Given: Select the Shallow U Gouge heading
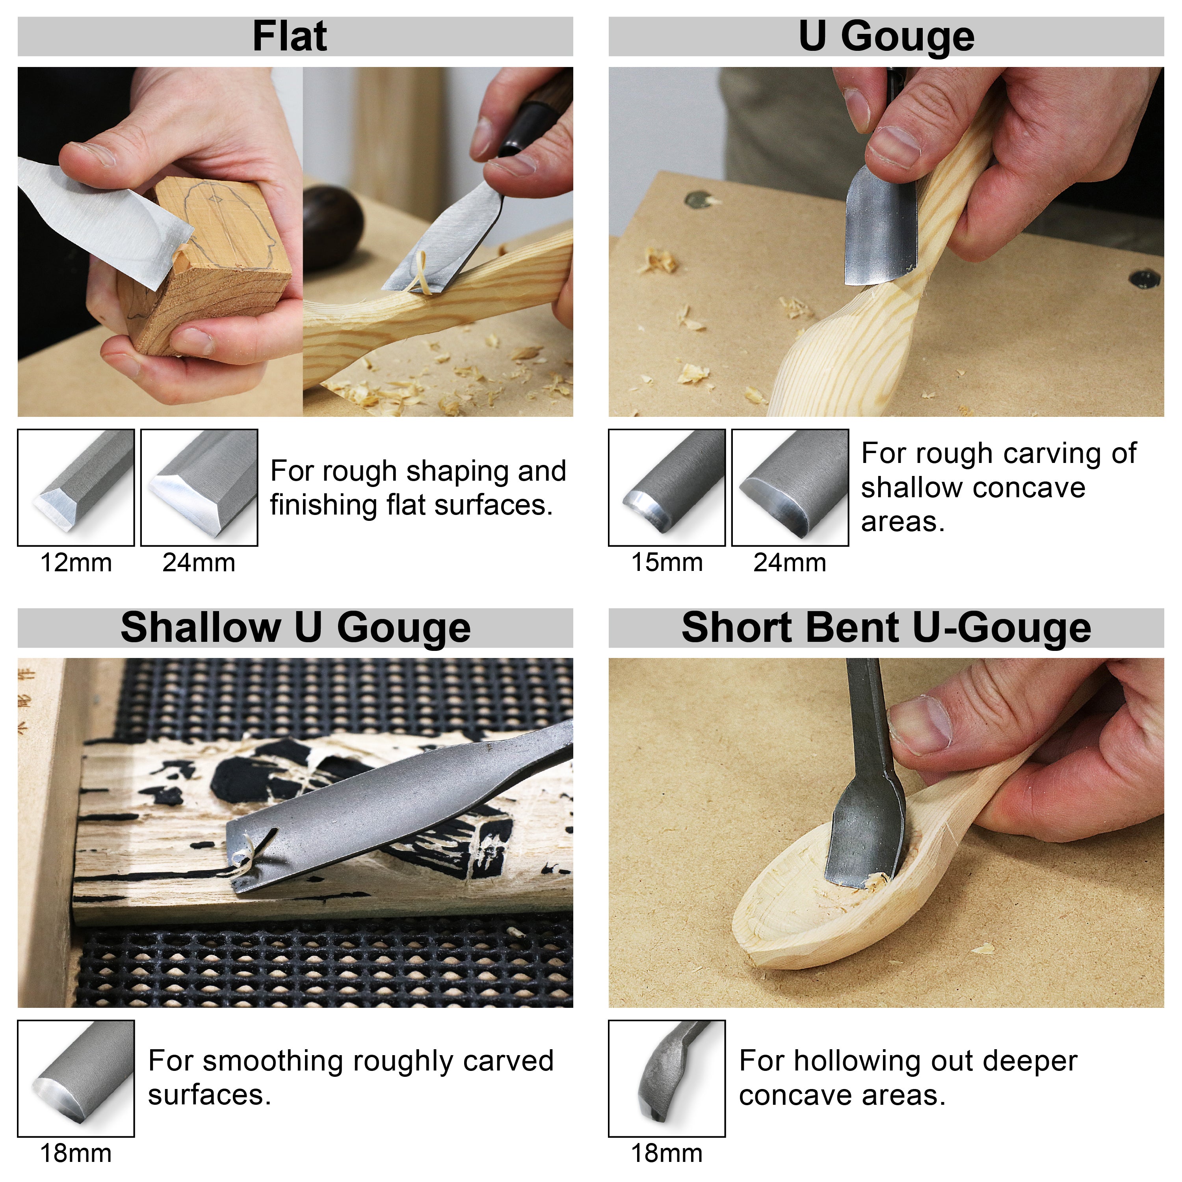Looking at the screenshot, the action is tap(295, 628).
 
